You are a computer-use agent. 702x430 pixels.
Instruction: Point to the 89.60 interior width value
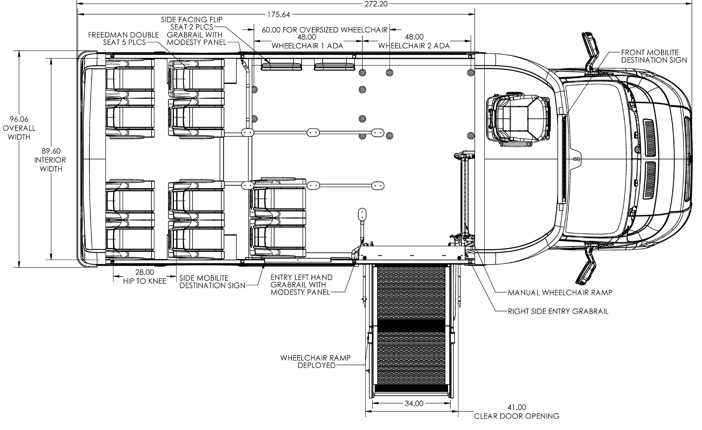(x=51, y=151)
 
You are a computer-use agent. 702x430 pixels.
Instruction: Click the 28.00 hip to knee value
(x=145, y=273)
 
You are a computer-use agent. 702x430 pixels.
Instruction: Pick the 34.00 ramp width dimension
(x=414, y=403)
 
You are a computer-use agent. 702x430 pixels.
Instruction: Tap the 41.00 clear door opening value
(x=517, y=408)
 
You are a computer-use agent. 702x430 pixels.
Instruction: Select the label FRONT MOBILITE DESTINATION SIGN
(x=654, y=56)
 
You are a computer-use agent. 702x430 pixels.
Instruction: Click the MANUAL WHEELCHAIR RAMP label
(x=560, y=292)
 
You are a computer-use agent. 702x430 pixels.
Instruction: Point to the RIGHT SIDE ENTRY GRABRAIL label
(x=558, y=311)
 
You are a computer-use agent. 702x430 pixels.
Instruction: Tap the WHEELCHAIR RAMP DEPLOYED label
(x=316, y=361)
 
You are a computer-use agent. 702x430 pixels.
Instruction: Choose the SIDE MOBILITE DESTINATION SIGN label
(x=213, y=282)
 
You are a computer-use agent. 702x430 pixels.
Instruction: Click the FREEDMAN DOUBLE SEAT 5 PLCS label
(x=124, y=38)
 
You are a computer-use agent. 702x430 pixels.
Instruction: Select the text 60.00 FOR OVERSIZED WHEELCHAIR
(x=324, y=30)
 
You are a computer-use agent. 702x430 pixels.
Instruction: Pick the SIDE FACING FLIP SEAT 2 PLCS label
(x=192, y=23)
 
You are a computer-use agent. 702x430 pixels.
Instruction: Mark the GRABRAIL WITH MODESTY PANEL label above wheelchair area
(x=197, y=38)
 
